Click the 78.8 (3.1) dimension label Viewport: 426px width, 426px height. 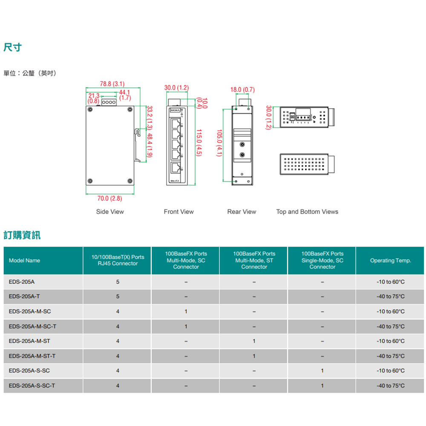point(112,83)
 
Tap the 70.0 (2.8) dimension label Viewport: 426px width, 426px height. point(110,199)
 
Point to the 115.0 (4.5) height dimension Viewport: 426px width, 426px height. point(199,142)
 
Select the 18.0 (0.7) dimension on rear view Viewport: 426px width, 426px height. point(242,90)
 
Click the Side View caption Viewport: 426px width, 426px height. point(110,212)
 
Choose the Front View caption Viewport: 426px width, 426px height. point(178,212)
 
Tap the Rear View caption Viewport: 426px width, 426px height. point(242,212)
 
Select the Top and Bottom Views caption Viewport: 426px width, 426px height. point(307,212)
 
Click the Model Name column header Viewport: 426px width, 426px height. point(24,260)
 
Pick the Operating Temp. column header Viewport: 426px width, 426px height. point(390,260)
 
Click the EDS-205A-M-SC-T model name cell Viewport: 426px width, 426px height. point(32,326)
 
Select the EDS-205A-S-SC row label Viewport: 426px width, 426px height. point(29,371)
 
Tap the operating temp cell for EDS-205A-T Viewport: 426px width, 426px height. point(390,296)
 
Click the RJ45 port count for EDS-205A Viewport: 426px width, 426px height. point(118,282)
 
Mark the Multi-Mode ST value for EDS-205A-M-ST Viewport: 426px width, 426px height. point(254,341)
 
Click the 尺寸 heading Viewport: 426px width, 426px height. point(12,47)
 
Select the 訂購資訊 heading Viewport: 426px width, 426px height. point(22,235)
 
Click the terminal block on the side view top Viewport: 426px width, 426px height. point(109,102)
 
